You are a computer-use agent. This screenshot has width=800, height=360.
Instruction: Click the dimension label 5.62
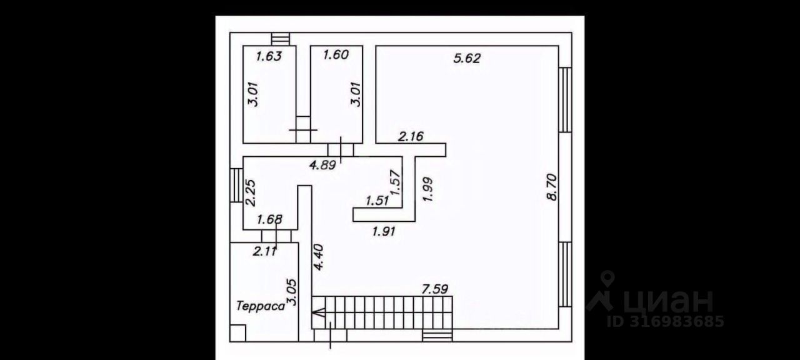point(467,59)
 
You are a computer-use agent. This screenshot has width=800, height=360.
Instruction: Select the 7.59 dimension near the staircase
point(435,289)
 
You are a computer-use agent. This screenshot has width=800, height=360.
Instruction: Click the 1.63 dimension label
point(269,56)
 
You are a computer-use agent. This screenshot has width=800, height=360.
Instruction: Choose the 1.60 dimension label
point(335,55)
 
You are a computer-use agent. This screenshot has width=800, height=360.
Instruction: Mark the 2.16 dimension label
point(412,136)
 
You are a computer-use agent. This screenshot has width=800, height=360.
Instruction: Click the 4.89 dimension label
point(324,166)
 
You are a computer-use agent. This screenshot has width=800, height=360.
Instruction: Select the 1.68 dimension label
point(270,219)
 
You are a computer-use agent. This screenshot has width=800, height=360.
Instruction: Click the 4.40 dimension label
point(319,257)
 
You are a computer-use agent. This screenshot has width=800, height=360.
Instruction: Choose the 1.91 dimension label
point(384,231)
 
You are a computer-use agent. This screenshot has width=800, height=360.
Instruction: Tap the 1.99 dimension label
point(428,189)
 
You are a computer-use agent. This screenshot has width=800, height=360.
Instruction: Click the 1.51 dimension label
point(377,201)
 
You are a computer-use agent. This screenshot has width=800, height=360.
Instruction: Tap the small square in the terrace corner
point(237,332)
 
